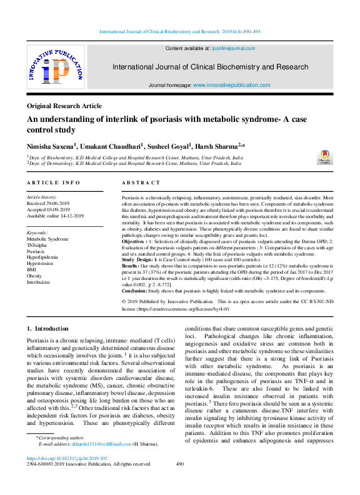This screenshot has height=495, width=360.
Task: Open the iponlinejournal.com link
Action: pyautogui.click(x=232, y=48)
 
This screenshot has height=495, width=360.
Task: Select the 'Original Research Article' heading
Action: pyautogui.click(x=65, y=107)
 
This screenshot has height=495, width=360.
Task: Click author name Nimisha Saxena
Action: pyautogui.click(x=50, y=146)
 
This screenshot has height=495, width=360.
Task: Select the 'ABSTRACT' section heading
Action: pyautogui.click(x=141, y=182)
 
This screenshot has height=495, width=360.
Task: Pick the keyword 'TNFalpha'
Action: pyautogui.click(x=38, y=245)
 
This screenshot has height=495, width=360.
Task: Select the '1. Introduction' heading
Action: pyautogui.click(x=47, y=329)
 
